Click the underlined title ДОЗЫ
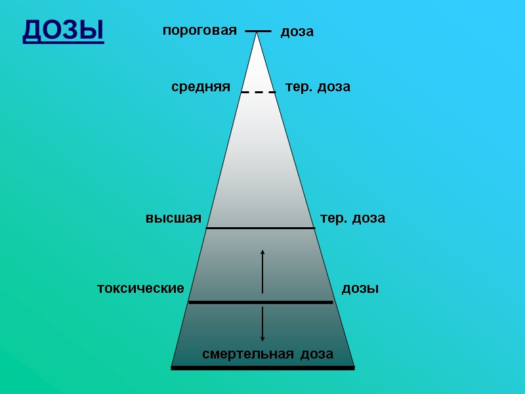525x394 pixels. click(63, 30)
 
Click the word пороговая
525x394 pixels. click(199, 30)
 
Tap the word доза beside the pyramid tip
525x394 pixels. click(297, 32)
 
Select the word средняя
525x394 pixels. click(200, 87)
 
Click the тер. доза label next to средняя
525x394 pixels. click(318, 87)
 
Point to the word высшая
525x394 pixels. click(173, 218)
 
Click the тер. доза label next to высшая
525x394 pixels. click(352, 218)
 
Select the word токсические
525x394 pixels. click(140, 288)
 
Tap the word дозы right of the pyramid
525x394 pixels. click(360, 288)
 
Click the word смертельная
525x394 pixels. click(247, 355)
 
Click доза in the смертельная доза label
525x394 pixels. click(317, 355)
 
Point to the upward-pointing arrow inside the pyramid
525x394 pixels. click(262, 271)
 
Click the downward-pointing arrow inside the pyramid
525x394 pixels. click(262, 324)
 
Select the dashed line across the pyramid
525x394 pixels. click(258, 93)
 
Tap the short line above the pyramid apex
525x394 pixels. click(258, 31)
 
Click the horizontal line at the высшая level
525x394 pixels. click(261, 228)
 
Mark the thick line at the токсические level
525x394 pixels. click(261, 302)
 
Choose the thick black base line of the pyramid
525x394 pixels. click(262, 368)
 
